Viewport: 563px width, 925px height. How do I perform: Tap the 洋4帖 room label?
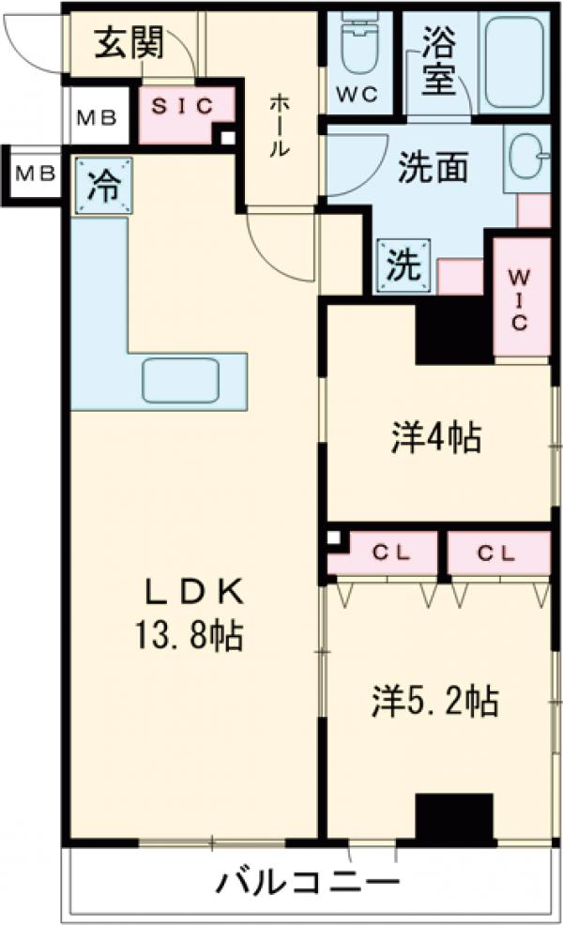435,438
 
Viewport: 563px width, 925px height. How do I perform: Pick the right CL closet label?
496,553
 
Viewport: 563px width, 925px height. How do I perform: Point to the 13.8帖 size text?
196,636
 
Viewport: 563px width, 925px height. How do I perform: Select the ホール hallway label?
279,126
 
